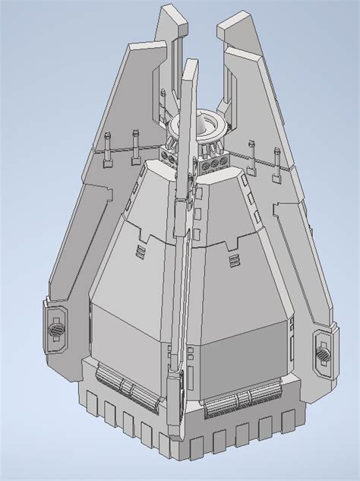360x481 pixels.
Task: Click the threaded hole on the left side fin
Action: (x=56, y=331)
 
